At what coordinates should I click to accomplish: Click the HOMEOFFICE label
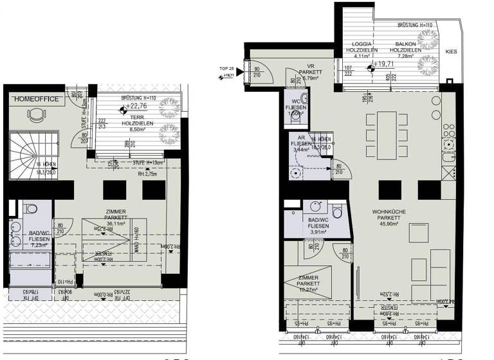36,99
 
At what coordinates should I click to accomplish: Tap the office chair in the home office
35,115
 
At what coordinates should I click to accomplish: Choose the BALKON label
405,44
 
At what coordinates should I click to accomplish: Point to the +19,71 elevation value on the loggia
384,64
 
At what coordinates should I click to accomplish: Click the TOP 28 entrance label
226,67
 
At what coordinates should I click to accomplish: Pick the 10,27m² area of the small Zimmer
309,289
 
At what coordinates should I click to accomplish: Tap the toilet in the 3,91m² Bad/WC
337,210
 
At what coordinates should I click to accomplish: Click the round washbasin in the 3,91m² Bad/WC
315,206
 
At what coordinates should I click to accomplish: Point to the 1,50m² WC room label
295,113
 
